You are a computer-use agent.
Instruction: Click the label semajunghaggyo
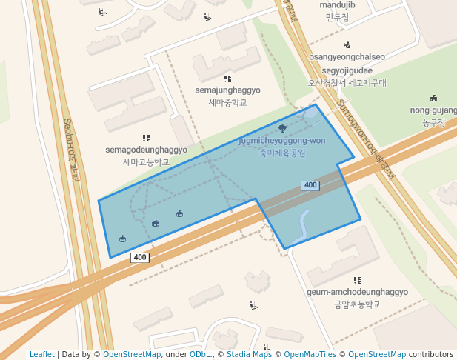point(227,90)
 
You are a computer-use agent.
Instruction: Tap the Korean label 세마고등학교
point(146,161)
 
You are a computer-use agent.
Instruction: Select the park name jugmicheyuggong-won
point(282,140)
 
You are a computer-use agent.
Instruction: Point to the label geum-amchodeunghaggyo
point(357,292)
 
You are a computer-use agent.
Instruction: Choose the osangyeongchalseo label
point(347,56)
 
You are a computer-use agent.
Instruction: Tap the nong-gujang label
point(434,110)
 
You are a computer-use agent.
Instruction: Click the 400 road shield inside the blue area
point(310,185)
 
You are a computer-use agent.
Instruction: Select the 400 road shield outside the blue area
point(140,258)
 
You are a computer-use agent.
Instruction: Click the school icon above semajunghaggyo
point(227,78)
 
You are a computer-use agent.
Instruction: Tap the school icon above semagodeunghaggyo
point(146,138)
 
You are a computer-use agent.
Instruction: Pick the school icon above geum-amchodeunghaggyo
point(357,280)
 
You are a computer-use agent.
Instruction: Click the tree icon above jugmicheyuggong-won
point(282,128)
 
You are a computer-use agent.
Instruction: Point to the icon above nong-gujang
point(433,99)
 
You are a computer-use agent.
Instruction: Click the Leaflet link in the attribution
point(41,354)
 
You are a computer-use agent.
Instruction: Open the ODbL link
point(199,354)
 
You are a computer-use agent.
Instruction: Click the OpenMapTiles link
point(307,354)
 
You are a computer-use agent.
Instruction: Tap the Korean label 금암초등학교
point(357,304)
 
